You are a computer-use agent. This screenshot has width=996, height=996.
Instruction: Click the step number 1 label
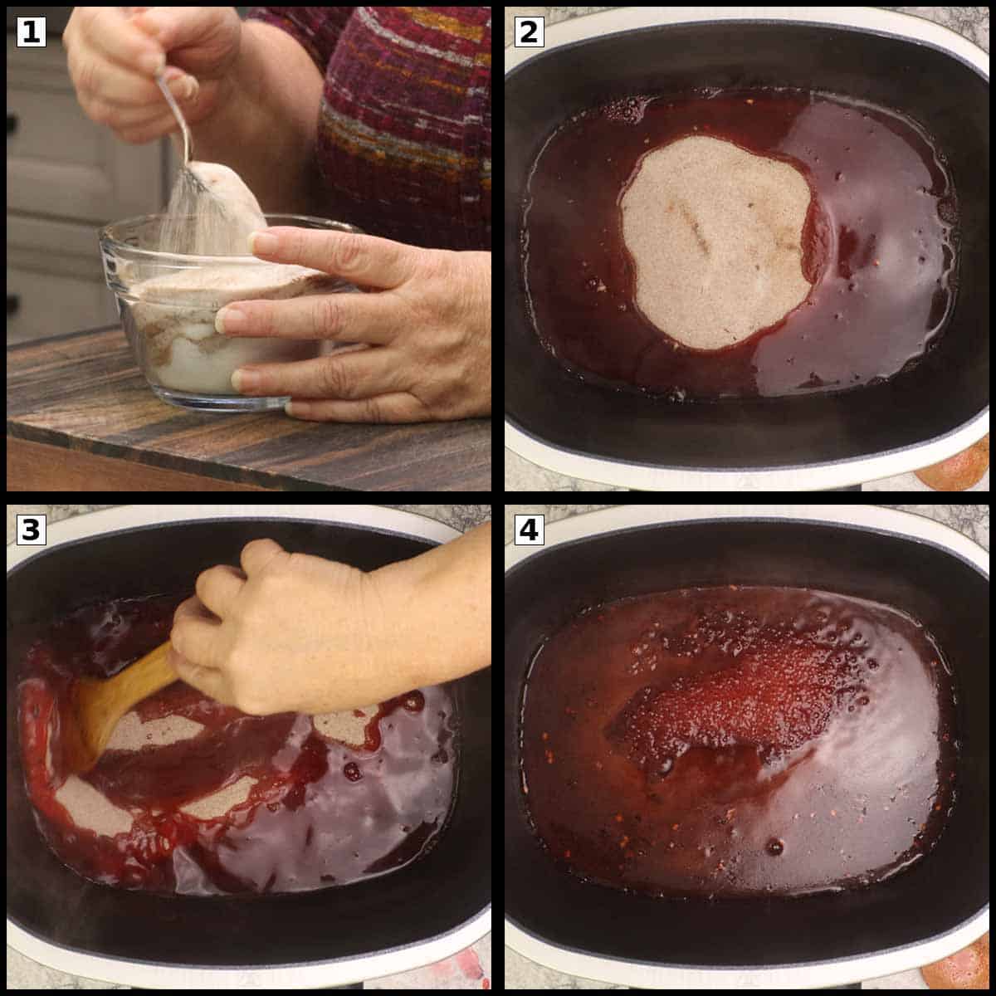click(31, 32)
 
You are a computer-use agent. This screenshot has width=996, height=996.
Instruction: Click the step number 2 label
click(529, 32)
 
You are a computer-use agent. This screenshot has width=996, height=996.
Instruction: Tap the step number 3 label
click(31, 530)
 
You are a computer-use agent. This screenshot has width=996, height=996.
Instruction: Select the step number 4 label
click(529, 530)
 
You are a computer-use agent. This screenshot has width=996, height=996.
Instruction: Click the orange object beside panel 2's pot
click(956, 469)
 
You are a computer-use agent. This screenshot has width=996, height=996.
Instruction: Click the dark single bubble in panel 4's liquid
click(774, 847)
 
